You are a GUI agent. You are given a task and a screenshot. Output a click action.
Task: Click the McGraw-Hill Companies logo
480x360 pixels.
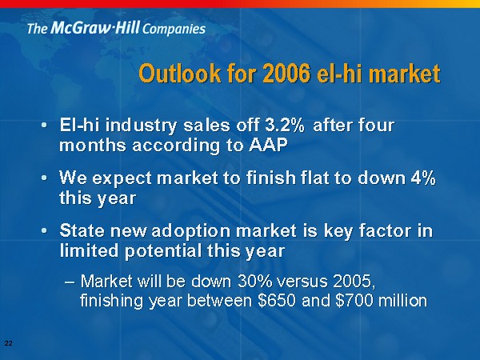tap(116, 28)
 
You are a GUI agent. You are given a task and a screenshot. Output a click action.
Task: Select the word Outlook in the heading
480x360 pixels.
tap(180, 74)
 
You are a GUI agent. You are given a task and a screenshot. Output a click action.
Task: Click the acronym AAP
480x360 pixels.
tap(268, 145)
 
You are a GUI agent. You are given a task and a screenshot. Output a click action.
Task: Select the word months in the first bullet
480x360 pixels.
tap(93, 145)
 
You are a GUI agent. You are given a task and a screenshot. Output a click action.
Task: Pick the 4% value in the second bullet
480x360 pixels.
tap(423, 178)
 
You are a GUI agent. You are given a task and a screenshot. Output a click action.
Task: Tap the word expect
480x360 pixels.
tap(122, 178)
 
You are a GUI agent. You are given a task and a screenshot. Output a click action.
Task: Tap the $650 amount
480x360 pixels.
tap(277, 301)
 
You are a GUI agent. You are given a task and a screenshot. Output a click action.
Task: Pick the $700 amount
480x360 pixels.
tap(354, 301)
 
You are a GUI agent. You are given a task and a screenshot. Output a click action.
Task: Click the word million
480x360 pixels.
tap(403, 301)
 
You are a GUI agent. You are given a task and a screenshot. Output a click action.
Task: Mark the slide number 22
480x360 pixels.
tap(9, 343)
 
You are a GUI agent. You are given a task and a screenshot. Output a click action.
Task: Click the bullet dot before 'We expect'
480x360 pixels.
tap(44, 178)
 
